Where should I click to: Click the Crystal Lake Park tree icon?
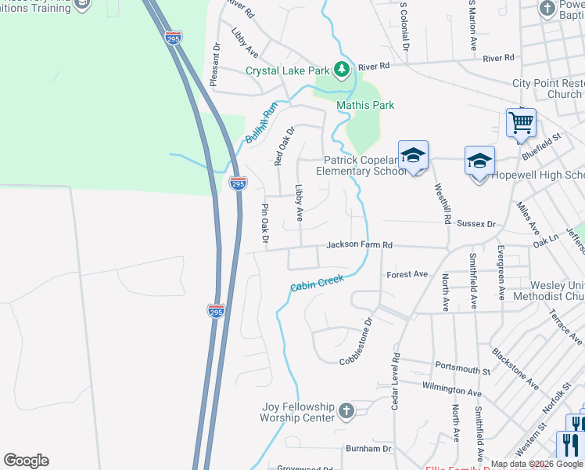click(342, 70)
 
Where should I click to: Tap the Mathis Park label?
click(365, 105)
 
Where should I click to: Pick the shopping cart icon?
click(520, 122)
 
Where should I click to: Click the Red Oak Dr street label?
click(284, 146)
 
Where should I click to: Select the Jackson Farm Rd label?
click(359, 245)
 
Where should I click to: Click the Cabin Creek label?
click(317, 283)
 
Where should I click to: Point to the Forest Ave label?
click(407, 275)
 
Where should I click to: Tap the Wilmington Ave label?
click(452, 389)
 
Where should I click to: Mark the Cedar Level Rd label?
click(396, 381)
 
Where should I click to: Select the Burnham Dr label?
click(368, 449)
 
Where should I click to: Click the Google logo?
click(26, 461)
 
